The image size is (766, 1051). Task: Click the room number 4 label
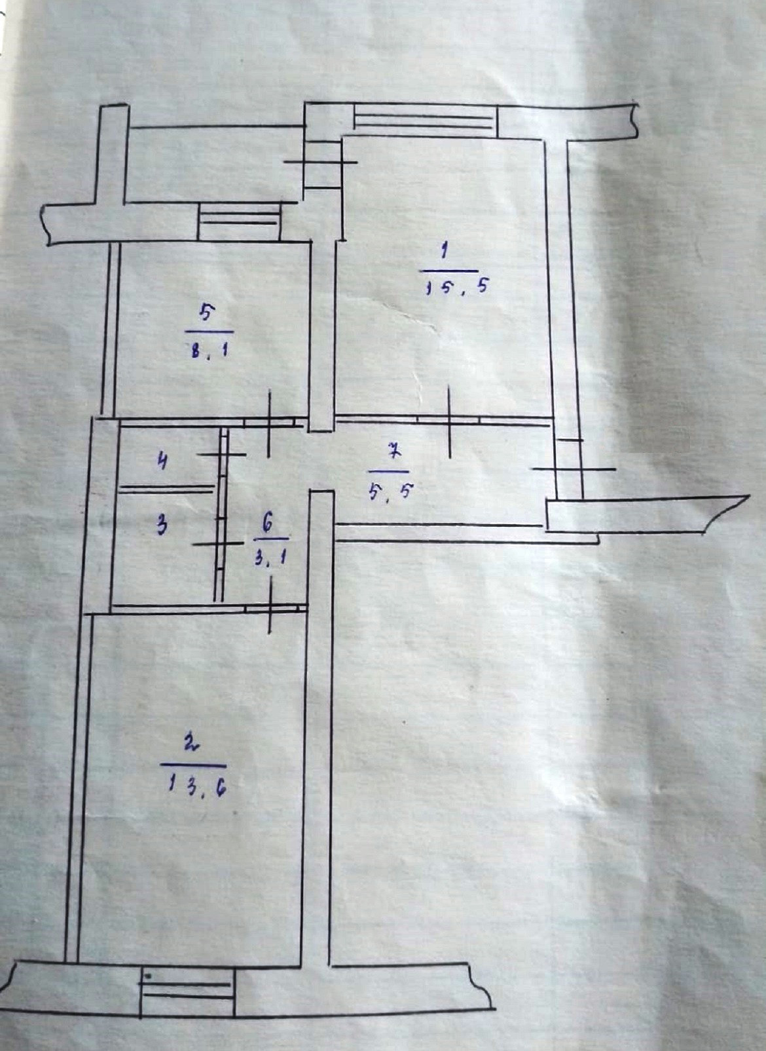(x=162, y=461)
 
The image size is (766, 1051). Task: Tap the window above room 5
(x=240, y=220)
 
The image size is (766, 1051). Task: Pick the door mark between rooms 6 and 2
(x=270, y=608)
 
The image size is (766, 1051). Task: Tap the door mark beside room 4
(x=222, y=453)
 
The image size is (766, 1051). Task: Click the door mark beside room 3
(x=219, y=544)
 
